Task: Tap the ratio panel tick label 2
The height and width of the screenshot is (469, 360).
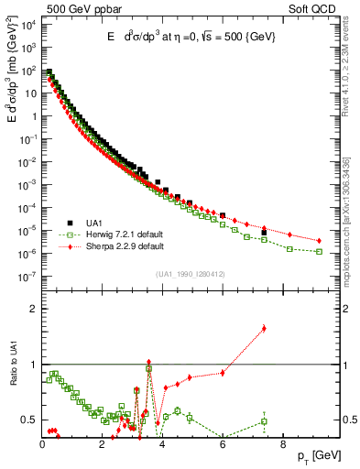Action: [x=33, y=309]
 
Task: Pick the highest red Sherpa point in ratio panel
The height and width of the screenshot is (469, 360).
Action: [x=264, y=328]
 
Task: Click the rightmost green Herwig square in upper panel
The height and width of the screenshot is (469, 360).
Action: [x=319, y=251]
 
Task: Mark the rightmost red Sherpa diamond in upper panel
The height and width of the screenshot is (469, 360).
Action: [x=319, y=241]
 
